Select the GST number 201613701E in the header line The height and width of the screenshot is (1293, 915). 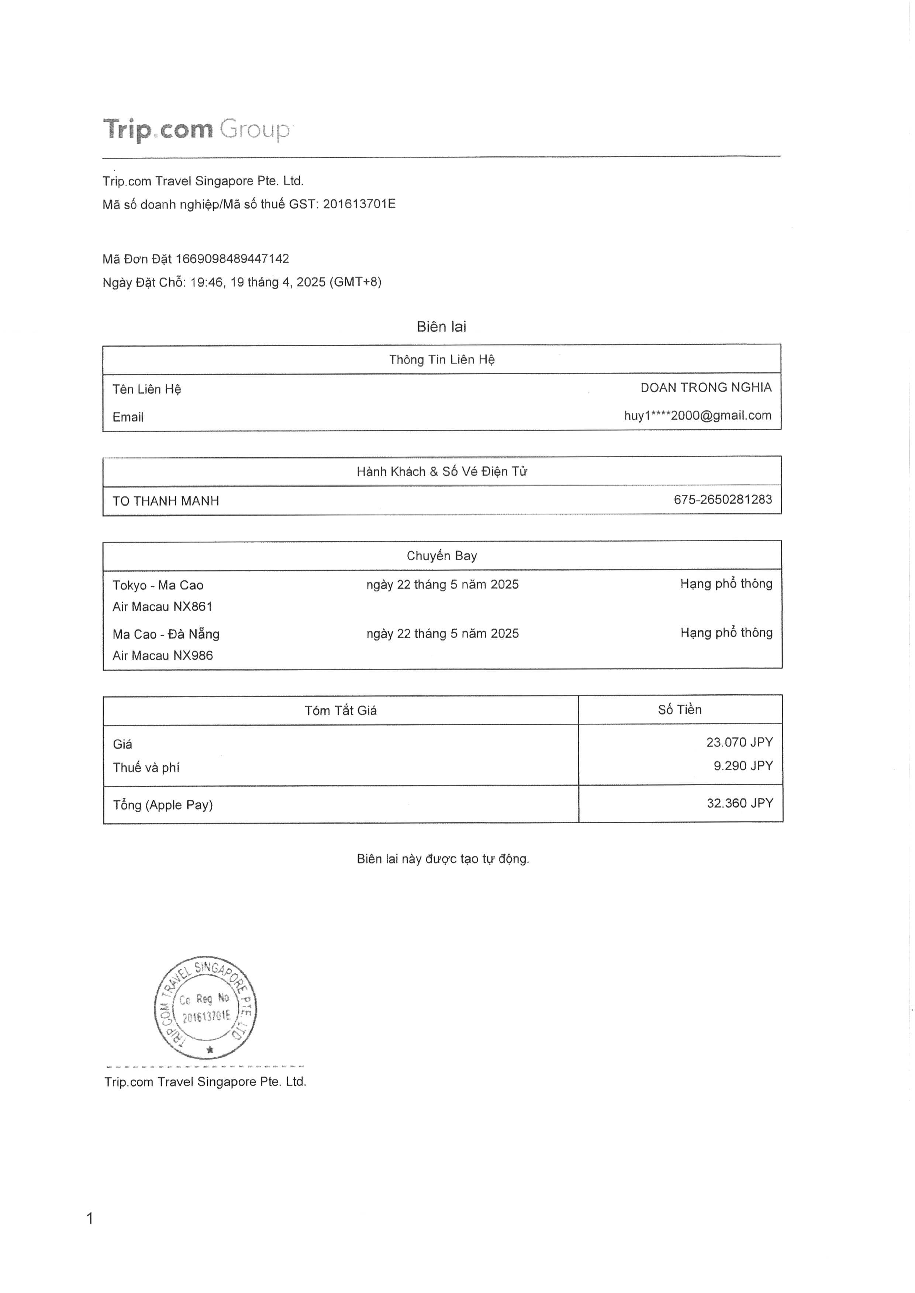coord(359,204)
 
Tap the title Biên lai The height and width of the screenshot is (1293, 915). coord(441,327)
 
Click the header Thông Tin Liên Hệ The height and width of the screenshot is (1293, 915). coord(442,359)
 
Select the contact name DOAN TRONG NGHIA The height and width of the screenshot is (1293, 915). coord(705,387)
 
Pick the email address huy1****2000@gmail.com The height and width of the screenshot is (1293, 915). coord(698,416)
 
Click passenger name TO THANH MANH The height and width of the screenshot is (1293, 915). coord(166,501)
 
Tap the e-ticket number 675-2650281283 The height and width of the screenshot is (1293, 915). coord(723,500)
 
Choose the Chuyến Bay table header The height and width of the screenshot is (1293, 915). coord(442,556)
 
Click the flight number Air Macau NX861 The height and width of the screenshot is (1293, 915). coord(162,606)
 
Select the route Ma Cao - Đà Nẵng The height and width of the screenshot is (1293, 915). coord(166,634)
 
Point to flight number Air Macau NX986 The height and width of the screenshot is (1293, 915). coord(162,656)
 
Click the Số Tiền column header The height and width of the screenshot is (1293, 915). coord(680,710)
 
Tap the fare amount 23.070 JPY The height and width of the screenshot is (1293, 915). coord(739,742)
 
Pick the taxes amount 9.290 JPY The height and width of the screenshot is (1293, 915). coord(743,766)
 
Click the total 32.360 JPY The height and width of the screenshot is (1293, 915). coord(740,803)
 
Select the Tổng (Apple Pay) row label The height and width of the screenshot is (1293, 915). coord(163,805)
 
